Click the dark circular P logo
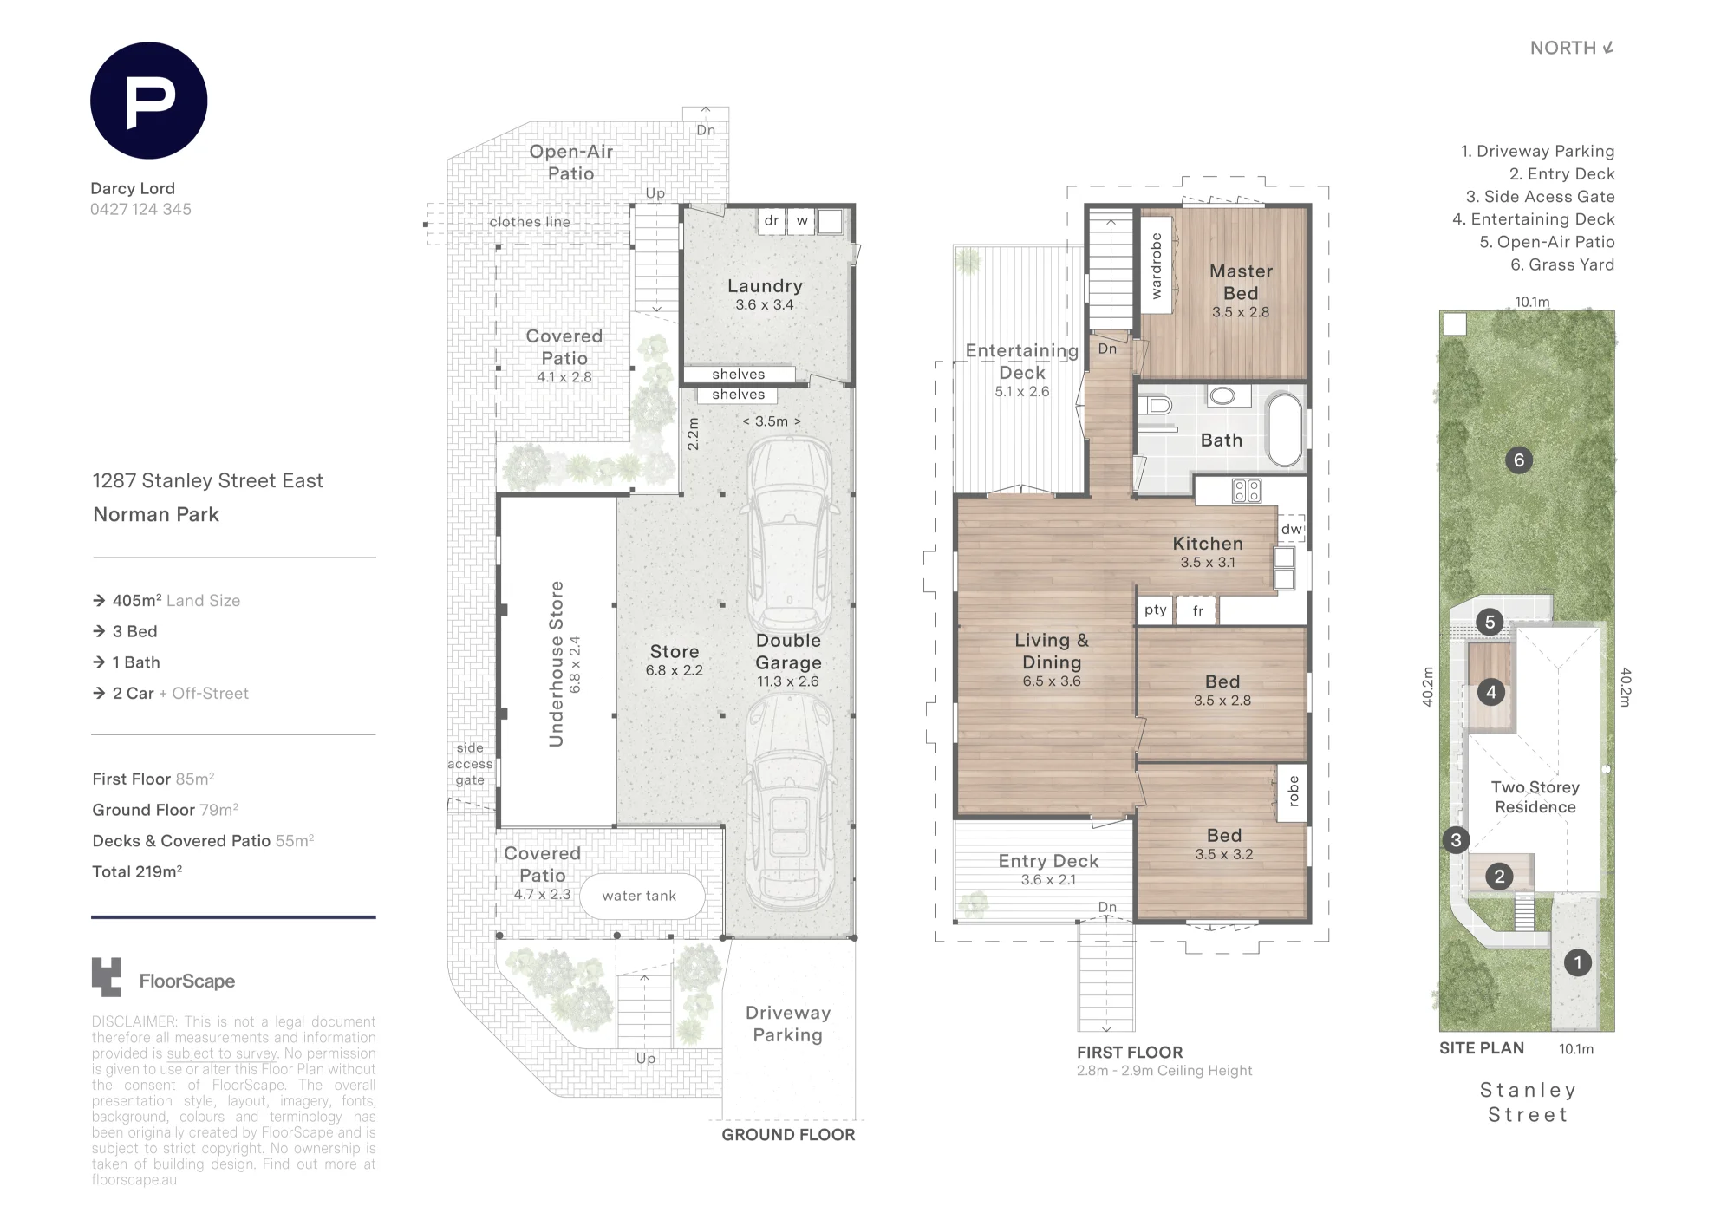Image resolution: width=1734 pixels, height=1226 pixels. [148, 101]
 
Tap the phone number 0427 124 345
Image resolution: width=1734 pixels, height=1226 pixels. [140, 210]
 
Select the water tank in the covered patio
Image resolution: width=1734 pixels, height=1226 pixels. [639, 896]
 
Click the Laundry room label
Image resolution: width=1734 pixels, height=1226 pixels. [765, 286]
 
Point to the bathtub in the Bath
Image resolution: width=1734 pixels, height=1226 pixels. [1285, 430]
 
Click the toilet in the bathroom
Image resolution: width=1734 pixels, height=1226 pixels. [1156, 405]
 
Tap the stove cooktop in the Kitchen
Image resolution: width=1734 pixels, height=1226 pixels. [1247, 492]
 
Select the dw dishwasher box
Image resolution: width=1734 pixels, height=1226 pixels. [1292, 529]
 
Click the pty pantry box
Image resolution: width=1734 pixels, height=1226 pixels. [1155, 610]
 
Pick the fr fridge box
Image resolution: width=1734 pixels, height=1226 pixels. [1197, 610]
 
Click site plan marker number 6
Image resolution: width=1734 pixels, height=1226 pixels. [1518, 460]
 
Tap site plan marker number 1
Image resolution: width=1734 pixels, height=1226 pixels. [1578, 962]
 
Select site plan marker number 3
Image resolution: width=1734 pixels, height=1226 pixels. [1456, 839]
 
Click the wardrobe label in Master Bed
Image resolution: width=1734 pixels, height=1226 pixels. [1156, 266]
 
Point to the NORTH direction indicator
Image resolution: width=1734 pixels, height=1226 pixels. [1572, 49]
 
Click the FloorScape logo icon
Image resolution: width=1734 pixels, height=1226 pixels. [107, 977]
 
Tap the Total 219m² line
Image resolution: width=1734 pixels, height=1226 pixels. [137, 872]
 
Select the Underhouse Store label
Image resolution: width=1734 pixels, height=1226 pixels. [556, 664]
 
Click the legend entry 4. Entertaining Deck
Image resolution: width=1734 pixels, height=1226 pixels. [1533, 219]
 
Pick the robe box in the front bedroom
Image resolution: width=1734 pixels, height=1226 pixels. [1293, 792]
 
